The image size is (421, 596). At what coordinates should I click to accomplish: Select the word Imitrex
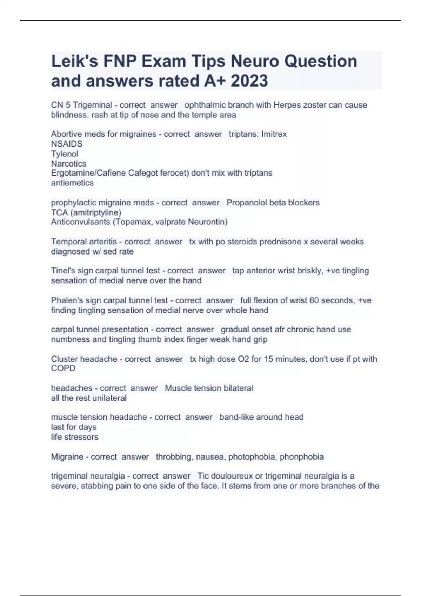274,134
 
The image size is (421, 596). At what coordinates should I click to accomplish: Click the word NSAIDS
67,144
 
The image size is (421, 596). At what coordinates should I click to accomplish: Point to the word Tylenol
65,154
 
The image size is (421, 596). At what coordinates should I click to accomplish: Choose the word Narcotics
68,163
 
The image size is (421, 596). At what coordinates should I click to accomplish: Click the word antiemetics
72,183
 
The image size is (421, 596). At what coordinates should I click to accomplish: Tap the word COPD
63,368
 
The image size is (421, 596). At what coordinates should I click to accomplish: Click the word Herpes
286,105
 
